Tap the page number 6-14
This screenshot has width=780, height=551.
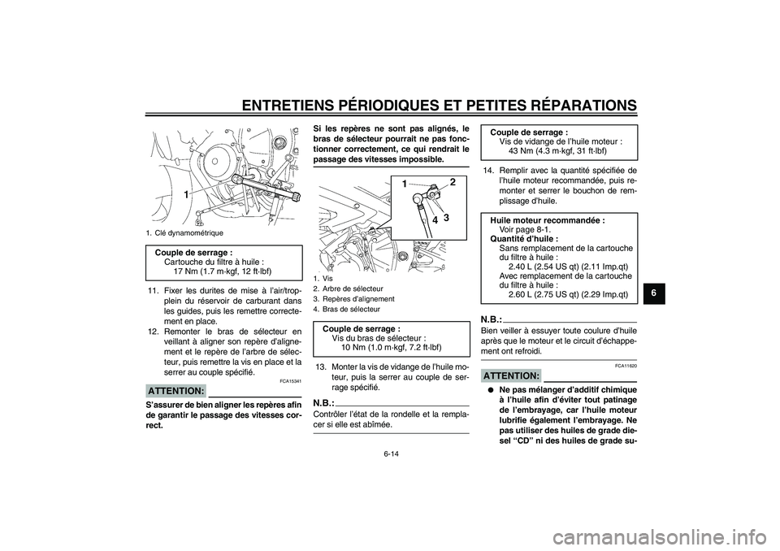(x=390, y=457)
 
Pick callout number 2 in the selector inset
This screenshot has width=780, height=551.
(x=453, y=183)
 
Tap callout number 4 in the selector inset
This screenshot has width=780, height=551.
(x=435, y=219)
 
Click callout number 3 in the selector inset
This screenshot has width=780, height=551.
(x=447, y=217)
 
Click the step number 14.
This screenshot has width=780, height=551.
(x=488, y=170)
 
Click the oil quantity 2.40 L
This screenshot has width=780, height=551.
(x=520, y=266)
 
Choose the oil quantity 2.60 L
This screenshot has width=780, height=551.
(x=520, y=294)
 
